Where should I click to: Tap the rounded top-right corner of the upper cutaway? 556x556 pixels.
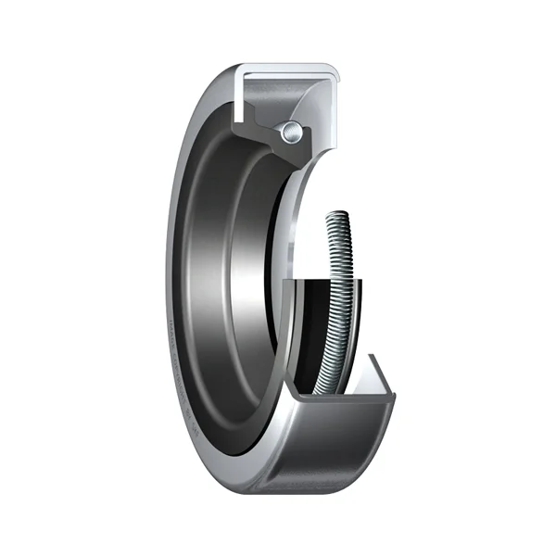point(332,72)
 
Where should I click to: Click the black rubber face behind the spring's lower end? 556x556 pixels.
point(310,334)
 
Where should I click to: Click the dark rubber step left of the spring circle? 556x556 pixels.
point(269,130)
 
